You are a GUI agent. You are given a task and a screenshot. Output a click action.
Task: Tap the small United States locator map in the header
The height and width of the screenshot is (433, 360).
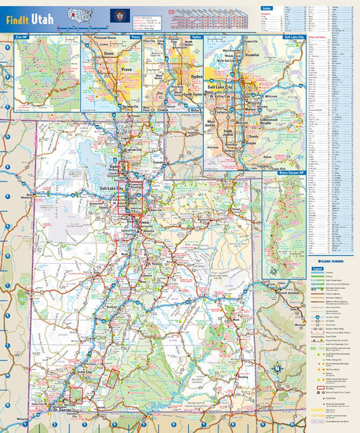80,16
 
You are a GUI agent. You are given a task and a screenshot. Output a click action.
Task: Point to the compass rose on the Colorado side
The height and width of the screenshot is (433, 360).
277,368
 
